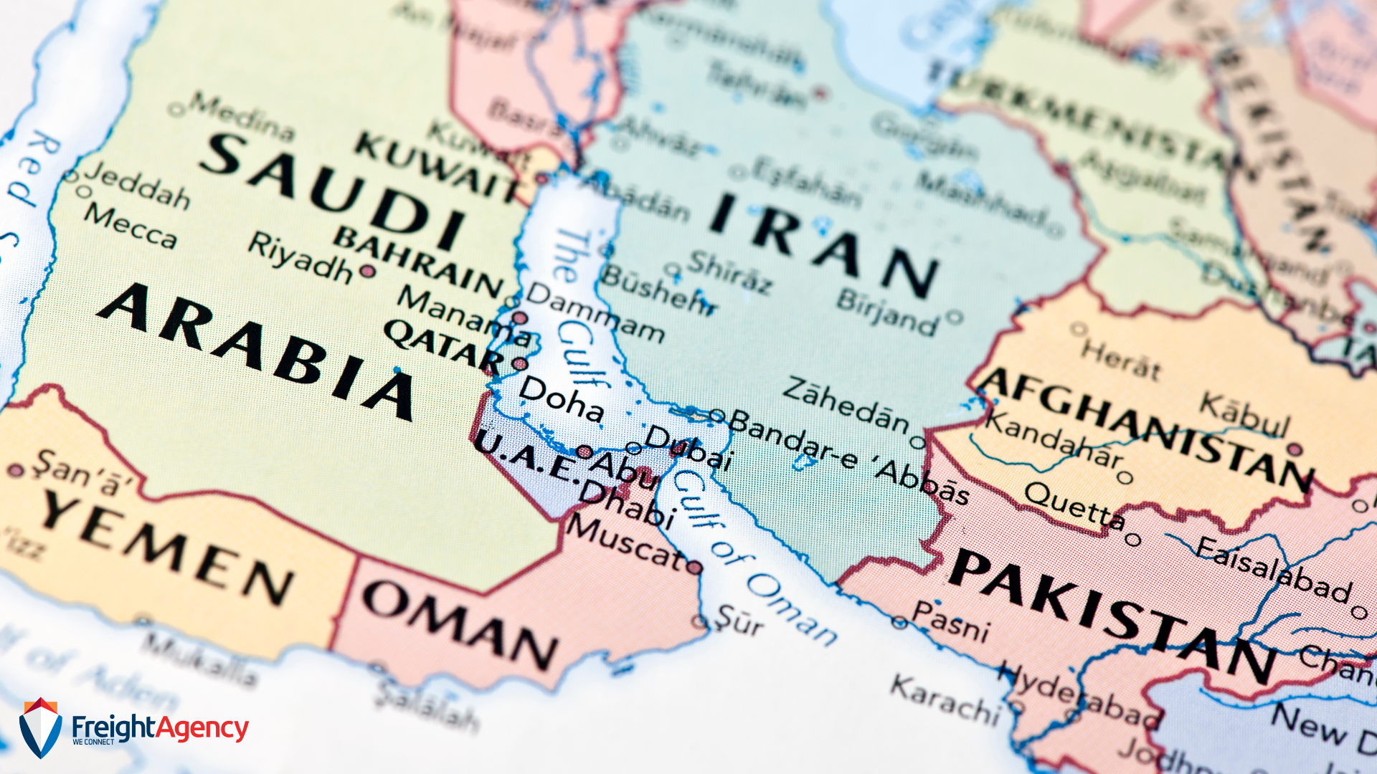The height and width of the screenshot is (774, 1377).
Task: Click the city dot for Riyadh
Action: (368, 271)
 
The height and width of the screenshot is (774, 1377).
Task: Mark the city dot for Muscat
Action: (694, 568)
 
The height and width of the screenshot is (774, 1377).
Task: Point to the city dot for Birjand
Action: (954, 316)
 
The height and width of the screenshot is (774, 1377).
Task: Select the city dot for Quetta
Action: (1133, 539)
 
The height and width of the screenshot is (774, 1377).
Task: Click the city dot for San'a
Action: (16, 471)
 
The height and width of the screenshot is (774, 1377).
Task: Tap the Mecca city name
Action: (130, 225)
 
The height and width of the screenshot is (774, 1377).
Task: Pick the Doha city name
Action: (561, 398)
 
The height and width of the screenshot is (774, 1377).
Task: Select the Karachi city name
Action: (945, 699)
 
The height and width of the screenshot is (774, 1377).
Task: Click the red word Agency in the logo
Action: (202, 728)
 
